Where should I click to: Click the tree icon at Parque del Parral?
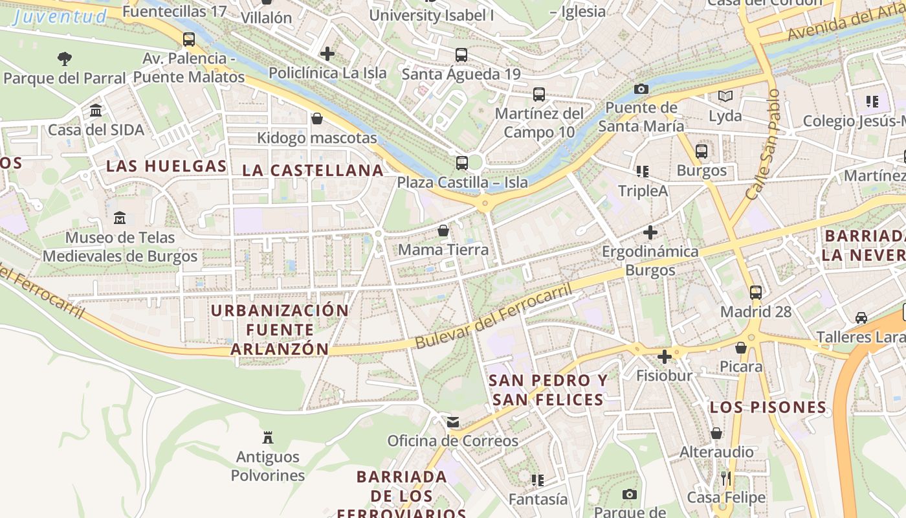coord(64,59)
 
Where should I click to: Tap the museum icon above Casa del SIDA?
coord(96,111)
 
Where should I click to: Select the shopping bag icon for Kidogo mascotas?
coord(317,118)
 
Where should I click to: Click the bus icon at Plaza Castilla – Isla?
coord(461,163)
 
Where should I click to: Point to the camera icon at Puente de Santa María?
coord(641,89)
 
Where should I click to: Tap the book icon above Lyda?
coord(725,96)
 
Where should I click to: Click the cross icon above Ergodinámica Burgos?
coord(650,232)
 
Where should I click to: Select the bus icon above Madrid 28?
coord(756,292)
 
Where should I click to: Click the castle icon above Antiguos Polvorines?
coord(268,438)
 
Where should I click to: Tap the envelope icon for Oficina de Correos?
coord(453,422)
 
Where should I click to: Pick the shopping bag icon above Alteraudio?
coord(716,433)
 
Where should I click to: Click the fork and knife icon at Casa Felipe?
coord(726,479)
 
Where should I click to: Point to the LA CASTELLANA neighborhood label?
coord(313,170)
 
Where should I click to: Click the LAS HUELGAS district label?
coord(166,166)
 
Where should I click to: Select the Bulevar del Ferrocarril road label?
coord(494,316)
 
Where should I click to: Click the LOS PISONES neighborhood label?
coord(768,407)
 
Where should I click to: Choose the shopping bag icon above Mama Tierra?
coord(443,231)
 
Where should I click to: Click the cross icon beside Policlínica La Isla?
coord(327,54)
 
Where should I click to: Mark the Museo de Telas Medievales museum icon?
coord(120,218)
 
